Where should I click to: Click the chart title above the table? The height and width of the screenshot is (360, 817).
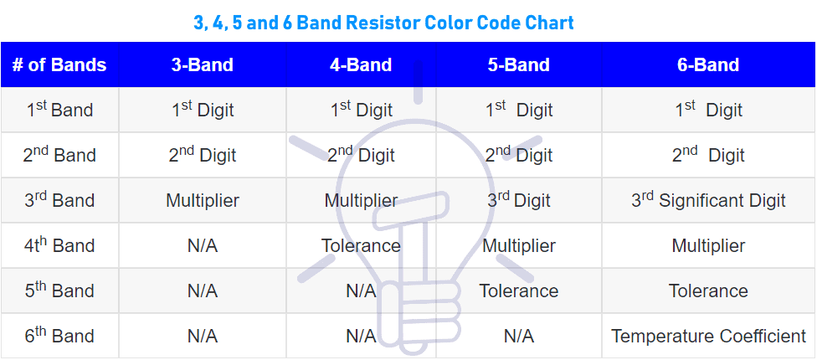click(x=383, y=23)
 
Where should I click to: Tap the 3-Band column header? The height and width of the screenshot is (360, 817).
click(x=202, y=65)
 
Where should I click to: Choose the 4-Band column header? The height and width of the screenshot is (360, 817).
click(x=361, y=65)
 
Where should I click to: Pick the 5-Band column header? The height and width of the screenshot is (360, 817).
click(x=518, y=65)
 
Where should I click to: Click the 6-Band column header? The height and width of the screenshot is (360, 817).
click(x=707, y=65)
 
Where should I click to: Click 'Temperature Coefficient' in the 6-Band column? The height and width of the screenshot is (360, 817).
click(x=708, y=336)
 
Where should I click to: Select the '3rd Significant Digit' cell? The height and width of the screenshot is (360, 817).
click(x=708, y=200)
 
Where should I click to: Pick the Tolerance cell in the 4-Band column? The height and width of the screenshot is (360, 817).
click(x=361, y=245)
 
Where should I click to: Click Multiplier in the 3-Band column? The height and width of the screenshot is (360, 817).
click(x=202, y=200)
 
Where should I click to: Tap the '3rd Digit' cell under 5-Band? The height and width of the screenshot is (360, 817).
click(x=518, y=200)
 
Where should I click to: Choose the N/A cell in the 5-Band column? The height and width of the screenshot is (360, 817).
click(x=518, y=336)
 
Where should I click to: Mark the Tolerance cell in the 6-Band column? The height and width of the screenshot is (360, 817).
click(x=708, y=291)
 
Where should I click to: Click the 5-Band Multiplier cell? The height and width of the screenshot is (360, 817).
click(x=518, y=245)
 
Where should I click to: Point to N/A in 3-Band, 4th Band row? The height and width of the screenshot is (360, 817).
click(x=202, y=245)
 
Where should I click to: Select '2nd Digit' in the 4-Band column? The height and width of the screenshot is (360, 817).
click(x=361, y=155)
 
